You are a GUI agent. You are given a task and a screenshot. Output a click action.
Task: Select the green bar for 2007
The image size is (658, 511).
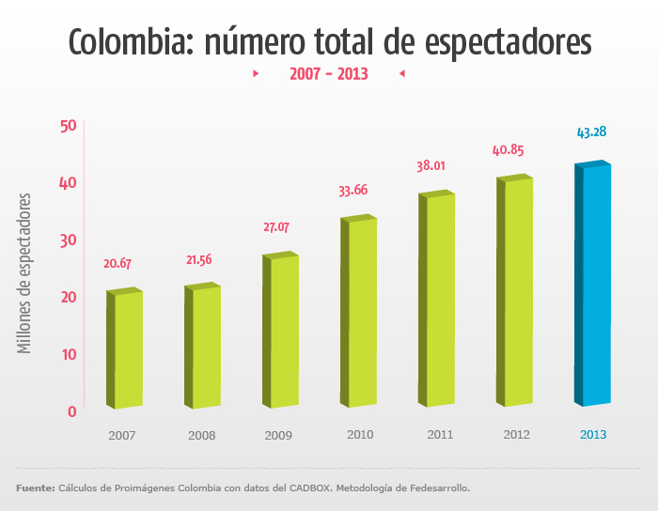pyautogui.click(x=125, y=349)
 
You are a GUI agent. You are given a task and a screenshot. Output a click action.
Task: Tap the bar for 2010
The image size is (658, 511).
pyautogui.click(x=359, y=312)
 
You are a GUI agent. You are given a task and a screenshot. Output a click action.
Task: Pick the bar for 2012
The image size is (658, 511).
pyautogui.click(x=515, y=291)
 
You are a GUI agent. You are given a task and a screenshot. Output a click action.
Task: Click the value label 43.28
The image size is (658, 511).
pyautogui.click(x=591, y=132)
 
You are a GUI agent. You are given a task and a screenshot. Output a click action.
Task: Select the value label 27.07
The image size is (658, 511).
pyautogui.click(x=276, y=227)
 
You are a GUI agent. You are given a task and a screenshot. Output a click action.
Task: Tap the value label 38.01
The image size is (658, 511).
pyautogui.click(x=431, y=166)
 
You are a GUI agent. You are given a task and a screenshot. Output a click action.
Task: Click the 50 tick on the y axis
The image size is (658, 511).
pyautogui.click(x=68, y=126)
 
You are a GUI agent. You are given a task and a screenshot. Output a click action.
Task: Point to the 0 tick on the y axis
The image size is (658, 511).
pyautogui.click(x=71, y=411)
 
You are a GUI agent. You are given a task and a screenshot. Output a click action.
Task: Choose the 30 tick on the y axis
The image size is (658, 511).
pyautogui.click(x=68, y=240)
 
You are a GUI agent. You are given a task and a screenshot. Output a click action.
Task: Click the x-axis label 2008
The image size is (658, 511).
pyautogui.click(x=201, y=436)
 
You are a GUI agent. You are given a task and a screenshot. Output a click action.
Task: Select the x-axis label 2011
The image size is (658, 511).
pyautogui.click(x=439, y=435)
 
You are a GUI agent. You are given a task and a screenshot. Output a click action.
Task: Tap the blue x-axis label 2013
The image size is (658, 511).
pyautogui.click(x=593, y=435)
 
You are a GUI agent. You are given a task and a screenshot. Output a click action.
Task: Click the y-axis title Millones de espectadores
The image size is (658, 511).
pyautogui.click(x=25, y=273)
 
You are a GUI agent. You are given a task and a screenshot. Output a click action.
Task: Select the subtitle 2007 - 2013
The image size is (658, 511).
pyautogui.click(x=328, y=73)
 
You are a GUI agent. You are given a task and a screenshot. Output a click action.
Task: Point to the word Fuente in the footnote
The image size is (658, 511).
pyautogui.click(x=35, y=488)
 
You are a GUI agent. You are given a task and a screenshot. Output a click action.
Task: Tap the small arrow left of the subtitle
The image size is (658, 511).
pyautogui.click(x=256, y=73)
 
